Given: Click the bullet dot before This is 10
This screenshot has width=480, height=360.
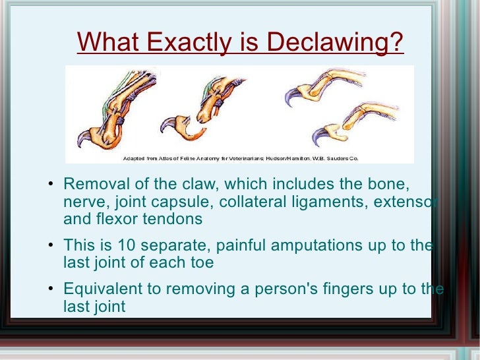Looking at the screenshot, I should coord(52,247).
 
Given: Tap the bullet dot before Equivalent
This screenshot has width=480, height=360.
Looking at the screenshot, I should coord(52,290).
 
